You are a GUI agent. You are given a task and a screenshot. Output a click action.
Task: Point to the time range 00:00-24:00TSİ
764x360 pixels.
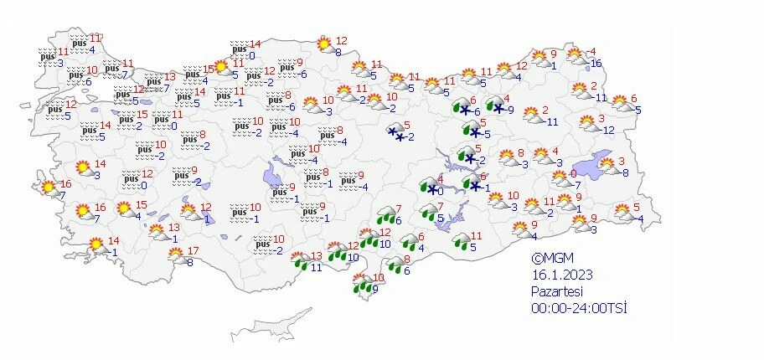point(579,307)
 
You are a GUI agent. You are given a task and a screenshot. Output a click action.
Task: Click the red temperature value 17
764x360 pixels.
point(193,251)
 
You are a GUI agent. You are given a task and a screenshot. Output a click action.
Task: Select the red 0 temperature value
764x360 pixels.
point(573,173)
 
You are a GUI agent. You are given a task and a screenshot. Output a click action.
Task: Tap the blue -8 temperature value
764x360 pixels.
point(623,172)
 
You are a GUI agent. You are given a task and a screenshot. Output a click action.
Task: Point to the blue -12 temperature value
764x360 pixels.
point(607,130)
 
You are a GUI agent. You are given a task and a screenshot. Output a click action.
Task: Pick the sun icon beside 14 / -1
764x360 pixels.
point(97,247)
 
